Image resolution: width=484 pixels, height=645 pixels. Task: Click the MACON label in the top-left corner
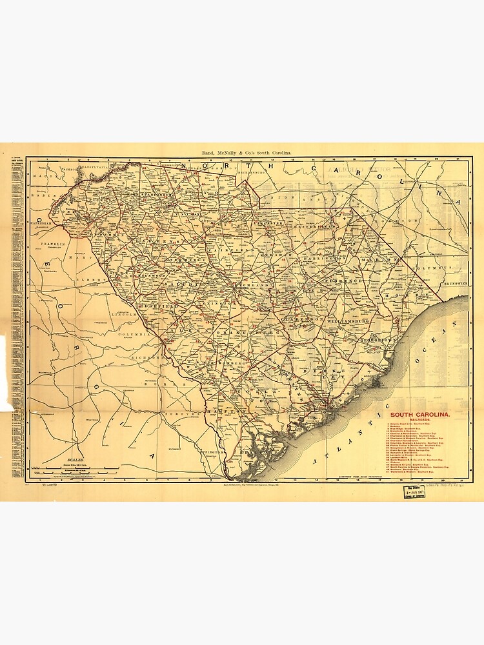tap(43, 174)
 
